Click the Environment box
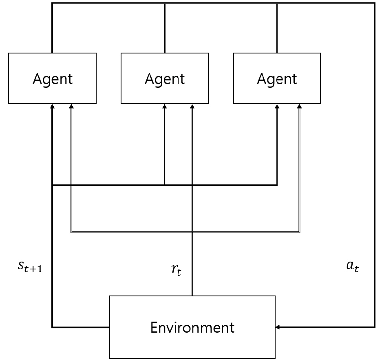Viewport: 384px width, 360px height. coord(192,327)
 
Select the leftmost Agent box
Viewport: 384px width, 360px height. coord(53,78)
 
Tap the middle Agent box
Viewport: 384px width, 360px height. coord(165,78)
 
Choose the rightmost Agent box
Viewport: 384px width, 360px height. coord(277,78)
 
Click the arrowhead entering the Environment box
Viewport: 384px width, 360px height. coord(278,327)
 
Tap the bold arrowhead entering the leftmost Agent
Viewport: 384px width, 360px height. coord(53,106)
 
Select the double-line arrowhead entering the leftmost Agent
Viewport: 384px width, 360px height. coord(71,106)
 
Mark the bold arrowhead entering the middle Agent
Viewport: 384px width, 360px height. coord(165,106)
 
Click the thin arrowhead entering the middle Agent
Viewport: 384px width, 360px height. coord(192,106)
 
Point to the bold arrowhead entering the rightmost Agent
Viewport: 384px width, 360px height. coord(277,106)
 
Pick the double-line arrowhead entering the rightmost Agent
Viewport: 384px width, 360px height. coord(300,106)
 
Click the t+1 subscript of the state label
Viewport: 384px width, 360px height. coord(40,269)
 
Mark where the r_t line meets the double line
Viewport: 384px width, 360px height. coord(192,232)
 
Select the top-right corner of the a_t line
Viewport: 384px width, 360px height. coord(374,3)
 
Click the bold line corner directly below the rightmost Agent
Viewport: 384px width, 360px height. coord(277,185)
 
